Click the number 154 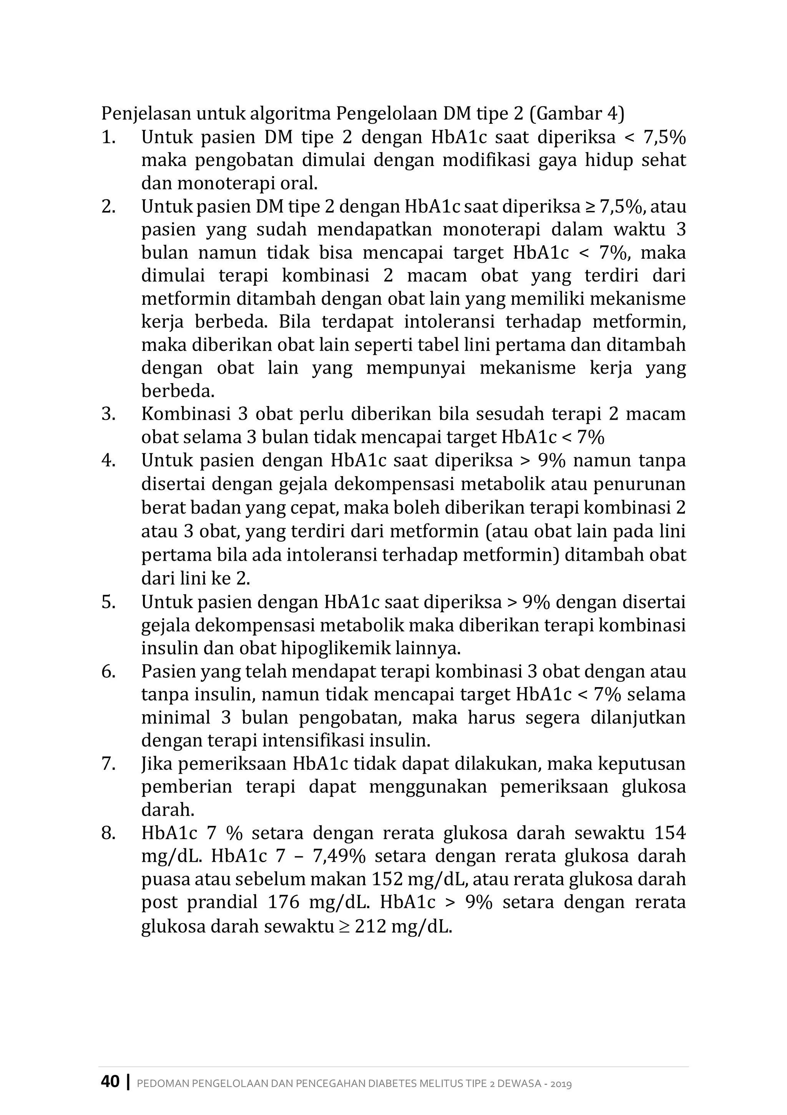(670, 833)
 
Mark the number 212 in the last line (370, 926)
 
